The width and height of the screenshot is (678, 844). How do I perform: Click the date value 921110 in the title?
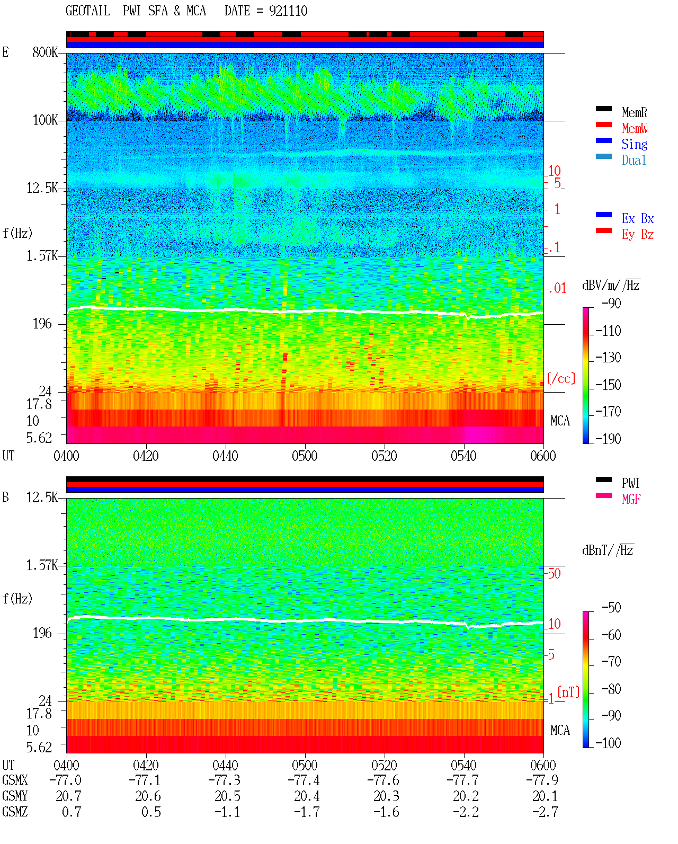pos(288,11)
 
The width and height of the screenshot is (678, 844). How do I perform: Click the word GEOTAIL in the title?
pos(88,11)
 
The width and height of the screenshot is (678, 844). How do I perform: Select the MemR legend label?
pos(634,112)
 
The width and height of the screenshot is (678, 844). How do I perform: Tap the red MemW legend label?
pos(634,128)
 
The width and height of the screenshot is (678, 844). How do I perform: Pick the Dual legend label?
pos(634,160)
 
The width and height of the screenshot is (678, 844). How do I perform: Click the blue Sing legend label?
pos(634,144)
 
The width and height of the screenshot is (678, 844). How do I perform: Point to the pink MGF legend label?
pos(631,499)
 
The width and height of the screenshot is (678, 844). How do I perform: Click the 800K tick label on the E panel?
pos(45,52)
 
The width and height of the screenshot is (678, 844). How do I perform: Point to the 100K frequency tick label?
pos(45,120)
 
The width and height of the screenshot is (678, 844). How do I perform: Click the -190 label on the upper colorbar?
pos(608,439)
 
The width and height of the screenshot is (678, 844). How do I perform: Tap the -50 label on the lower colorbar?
pos(611,608)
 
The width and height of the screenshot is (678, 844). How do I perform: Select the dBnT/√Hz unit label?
pos(608,550)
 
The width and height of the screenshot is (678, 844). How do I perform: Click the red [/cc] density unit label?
pos(561,378)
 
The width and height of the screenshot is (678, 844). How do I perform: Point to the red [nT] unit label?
pos(568,691)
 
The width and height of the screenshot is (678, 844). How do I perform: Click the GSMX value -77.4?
pos(304,780)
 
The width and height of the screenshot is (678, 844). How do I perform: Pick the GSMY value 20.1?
pos(545,796)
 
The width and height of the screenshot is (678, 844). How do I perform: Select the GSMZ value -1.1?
pos(227,812)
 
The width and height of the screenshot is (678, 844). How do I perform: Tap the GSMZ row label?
pos(15,812)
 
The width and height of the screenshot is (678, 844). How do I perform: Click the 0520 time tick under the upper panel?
pos(384,456)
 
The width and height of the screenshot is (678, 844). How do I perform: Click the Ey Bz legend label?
pos(637,235)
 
